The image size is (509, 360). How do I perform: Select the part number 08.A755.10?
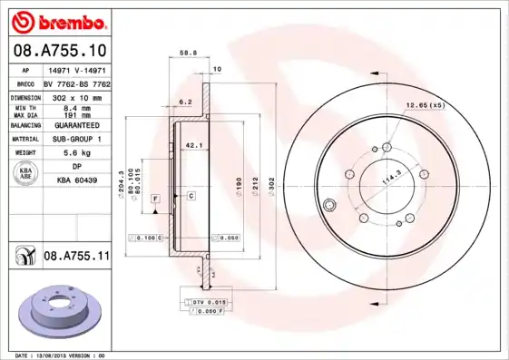point(60,50)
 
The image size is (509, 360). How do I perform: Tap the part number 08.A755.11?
point(76,258)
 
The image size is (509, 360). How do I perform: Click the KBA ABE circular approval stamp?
point(26,174)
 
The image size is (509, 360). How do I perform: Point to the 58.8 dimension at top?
point(189,54)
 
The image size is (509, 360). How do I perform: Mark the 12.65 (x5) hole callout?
point(425,105)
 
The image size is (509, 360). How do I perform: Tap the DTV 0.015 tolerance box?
point(208,300)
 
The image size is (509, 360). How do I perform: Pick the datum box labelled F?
point(155,197)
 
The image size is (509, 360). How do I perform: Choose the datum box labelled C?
point(191,196)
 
